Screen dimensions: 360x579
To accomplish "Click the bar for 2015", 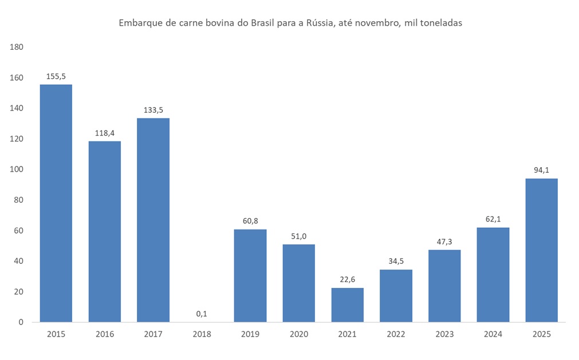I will (x=56, y=203).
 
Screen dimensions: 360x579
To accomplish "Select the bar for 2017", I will (x=153, y=220).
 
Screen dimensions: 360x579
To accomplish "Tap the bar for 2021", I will (x=347, y=304).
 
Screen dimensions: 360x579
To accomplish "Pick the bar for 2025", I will (x=541, y=250).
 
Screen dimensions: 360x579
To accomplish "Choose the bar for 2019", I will (x=250, y=275).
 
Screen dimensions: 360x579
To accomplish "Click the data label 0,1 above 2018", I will (x=202, y=313).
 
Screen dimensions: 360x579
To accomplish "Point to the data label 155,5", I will (x=56, y=76).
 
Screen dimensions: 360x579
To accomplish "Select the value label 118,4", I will (x=104, y=133).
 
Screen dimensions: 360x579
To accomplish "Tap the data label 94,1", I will (x=541, y=170).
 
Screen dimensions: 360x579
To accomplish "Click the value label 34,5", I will (x=396, y=261).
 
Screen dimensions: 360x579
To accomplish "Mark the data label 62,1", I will (x=493, y=219).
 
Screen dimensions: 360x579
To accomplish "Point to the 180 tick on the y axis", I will (x=17, y=47).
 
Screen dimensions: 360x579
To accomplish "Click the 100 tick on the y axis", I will (x=17, y=169).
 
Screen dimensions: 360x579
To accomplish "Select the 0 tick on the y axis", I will (x=21, y=322).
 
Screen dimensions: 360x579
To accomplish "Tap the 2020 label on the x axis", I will (x=298, y=334).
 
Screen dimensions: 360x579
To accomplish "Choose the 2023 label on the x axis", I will (x=444, y=334).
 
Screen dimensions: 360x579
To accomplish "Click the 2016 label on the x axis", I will (x=104, y=334).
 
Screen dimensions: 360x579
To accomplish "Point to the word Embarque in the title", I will (x=138, y=23).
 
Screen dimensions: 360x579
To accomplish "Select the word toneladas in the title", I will (x=440, y=23).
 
